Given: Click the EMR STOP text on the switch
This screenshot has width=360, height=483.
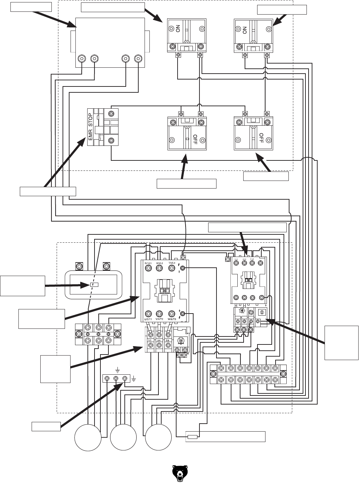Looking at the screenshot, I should tap(90, 127).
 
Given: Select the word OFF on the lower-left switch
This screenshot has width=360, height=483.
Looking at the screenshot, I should tap(195, 139).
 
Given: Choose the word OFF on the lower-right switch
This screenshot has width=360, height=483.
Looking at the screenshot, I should tap(262, 139).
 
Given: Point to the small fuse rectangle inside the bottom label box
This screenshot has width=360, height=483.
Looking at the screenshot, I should tap(193, 437).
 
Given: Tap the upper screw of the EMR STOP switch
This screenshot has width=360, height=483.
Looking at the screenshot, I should tap(111, 114).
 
